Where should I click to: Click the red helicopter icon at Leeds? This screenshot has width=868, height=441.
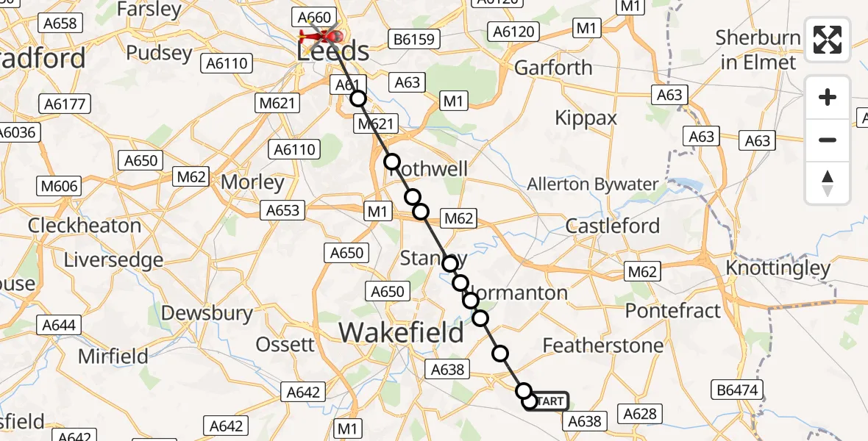(320, 35)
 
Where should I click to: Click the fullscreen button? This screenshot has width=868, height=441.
(828, 40)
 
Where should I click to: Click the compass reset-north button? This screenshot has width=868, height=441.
(828, 183)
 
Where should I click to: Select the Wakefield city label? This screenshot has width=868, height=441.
(402, 333)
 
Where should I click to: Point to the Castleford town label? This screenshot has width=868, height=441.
(612, 226)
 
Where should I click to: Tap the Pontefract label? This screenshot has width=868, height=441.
(672, 311)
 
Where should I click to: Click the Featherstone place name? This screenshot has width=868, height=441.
(602, 345)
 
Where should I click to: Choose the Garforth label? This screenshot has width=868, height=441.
(553, 68)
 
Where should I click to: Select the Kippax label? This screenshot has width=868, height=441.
(586, 118)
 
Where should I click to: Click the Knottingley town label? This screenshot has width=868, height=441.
(778, 268)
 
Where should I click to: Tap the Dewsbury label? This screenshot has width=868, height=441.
(207, 313)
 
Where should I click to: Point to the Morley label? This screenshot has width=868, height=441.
(252, 182)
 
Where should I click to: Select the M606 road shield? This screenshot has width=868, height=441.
(60, 186)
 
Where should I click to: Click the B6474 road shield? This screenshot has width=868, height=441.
(737, 390)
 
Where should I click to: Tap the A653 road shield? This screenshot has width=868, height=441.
(282, 211)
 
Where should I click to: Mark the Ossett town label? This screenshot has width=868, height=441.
(285, 344)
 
